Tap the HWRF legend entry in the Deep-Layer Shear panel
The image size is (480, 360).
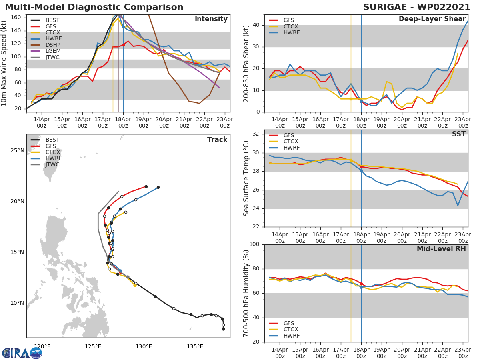(291, 32)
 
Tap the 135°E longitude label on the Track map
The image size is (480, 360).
(195, 346)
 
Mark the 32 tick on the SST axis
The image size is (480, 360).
(256, 134)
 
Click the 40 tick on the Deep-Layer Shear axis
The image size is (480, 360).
(256, 25)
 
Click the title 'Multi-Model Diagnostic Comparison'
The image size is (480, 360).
(94, 7)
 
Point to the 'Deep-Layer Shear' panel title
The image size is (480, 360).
(432, 19)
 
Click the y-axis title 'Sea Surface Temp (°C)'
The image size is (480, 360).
(246, 178)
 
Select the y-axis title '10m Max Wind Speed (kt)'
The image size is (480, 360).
(4, 63)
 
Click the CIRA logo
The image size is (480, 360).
(22, 353)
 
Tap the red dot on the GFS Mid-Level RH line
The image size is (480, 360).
(361, 284)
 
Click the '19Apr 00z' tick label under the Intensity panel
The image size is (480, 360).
(143, 122)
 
